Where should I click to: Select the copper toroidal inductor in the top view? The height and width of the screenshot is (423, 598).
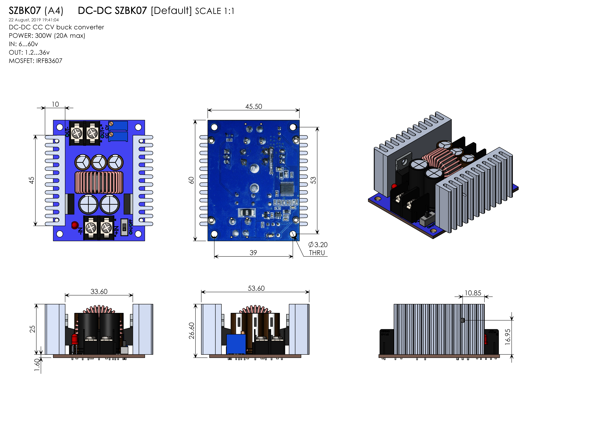(x=99, y=182)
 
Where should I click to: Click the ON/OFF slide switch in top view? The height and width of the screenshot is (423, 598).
(x=124, y=227)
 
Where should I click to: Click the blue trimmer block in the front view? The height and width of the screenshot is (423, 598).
(x=236, y=344)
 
